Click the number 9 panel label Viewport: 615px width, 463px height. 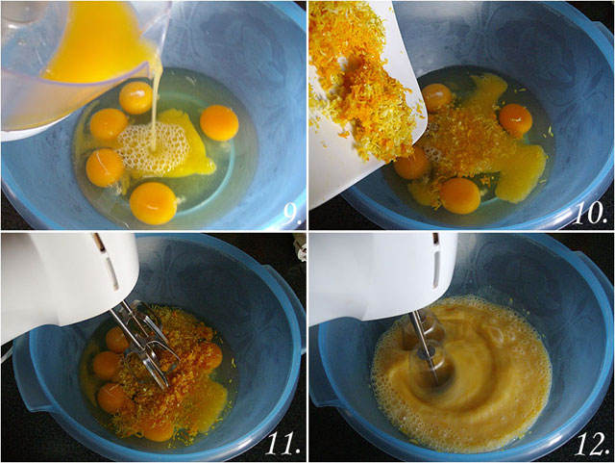coord(292,216)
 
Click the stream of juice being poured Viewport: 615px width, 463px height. coord(156,106)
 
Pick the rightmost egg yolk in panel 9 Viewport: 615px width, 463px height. coord(219,122)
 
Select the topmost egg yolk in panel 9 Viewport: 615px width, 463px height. coord(135,97)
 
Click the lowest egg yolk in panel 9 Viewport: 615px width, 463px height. coord(153,203)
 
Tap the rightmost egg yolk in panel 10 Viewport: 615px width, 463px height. coord(515,120)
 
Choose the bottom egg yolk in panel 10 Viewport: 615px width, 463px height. coord(460,195)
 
